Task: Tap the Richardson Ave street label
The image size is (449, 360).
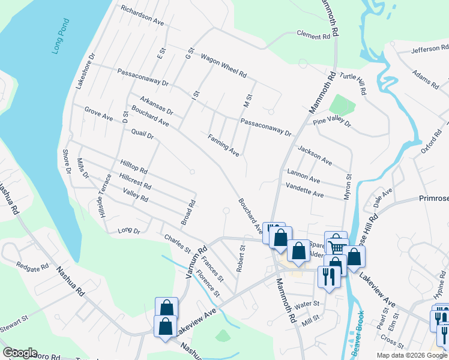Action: [x=142, y=16]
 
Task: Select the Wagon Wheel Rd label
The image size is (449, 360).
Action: [x=223, y=66]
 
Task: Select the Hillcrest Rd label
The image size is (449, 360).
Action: [x=135, y=182]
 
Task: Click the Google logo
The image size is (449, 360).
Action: [x=20, y=352]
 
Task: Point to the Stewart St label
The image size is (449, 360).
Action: [x=14, y=316]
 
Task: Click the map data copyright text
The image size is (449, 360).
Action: [x=411, y=355]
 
